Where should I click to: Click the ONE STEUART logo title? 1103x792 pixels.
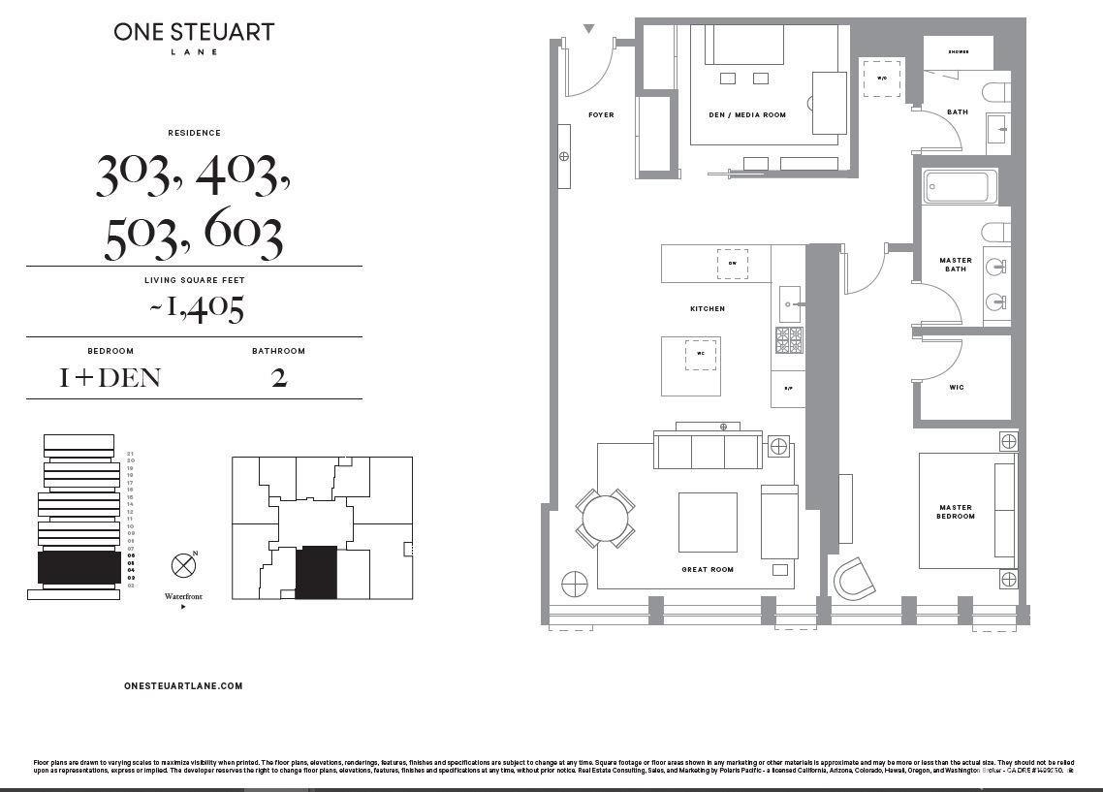pyautogui.click(x=194, y=32)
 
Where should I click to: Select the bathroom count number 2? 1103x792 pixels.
pyautogui.click(x=279, y=377)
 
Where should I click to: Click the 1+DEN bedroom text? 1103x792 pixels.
pyautogui.click(x=110, y=377)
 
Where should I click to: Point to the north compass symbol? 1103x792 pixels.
pyautogui.click(x=183, y=565)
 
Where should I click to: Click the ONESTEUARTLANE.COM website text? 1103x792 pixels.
pyautogui.click(x=183, y=685)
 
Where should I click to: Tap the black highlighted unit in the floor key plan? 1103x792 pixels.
pyautogui.click(x=316, y=571)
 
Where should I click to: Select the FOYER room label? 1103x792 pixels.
pyautogui.click(x=601, y=115)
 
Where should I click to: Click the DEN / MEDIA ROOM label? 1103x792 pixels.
pyautogui.click(x=747, y=115)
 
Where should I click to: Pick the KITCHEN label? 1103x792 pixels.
pyautogui.click(x=708, y=309)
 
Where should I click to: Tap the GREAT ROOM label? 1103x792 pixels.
pyautogui.click(x=708, y=570)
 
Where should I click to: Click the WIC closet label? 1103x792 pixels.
pyautogui.click(x=957, y=388)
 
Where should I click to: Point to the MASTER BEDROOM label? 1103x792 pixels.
pyautogui.click(x=956, y=512)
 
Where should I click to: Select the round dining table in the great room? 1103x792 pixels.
pyautogui.click(x=607, y=519)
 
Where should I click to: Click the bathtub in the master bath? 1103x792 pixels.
pyautogui.click(x=961, y=187)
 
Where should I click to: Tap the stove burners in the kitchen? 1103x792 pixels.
pyautogui.click(x=789, y=340)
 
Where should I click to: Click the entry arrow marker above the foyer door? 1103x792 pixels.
pyautogui.click(x=588, y=29)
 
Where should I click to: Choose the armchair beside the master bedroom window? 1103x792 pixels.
pyautogui.click(x=854, y=578)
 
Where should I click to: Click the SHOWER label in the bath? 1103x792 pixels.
pyautogui.click(x=959, y=52)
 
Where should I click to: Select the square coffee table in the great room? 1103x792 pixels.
pyautogui.click(x=707, y=523)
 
